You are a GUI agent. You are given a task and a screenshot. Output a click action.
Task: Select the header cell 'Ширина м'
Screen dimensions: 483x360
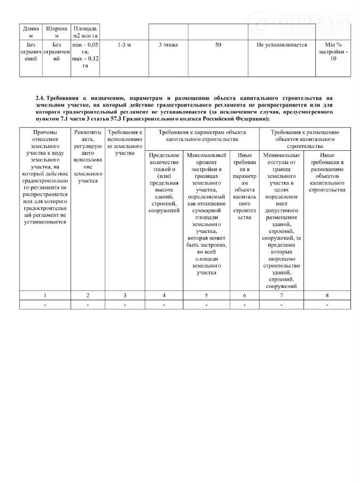[57, 31]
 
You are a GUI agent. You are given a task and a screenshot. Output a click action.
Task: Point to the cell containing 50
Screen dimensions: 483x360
[218, 46]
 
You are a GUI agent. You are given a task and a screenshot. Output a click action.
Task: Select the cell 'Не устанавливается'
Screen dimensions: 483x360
[281, 46]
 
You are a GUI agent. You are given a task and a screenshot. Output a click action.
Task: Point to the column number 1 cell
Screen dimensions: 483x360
[45, 295]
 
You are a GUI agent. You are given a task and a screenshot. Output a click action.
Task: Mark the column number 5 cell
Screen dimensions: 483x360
[207, 295]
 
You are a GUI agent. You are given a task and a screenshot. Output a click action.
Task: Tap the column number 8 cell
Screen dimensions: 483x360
[327, 295]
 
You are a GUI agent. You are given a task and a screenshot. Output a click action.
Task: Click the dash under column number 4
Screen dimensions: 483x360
[164, 305]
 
